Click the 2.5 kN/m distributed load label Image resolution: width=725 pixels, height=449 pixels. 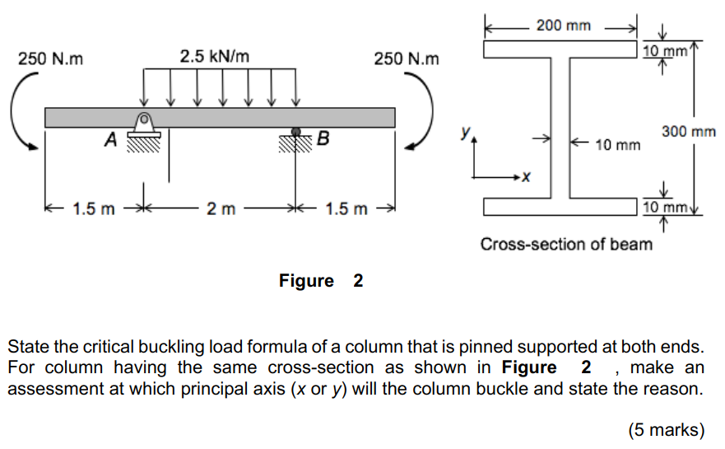point(215,57)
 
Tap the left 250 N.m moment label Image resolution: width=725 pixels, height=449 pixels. point(50,58)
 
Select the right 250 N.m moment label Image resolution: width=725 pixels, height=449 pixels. point(407,58)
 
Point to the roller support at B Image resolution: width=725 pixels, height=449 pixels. point(295,139)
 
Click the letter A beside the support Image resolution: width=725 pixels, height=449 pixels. point(110,139)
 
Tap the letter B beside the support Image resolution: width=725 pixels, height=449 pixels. point(323,138)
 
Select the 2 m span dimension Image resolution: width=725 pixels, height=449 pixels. point(221,208)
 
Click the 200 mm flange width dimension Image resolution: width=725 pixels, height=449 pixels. point(563,25)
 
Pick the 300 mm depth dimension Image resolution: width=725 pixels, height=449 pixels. point(689,132)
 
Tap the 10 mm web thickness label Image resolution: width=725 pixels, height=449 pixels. point(618,145)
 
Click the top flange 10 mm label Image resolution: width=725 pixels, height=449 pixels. point(665,51)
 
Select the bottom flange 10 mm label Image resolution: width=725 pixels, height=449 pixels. point(665,208)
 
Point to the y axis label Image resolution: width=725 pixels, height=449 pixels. point(466,133)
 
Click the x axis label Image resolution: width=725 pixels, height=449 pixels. point(526,177)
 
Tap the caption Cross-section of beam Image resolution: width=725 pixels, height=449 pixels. point(566,244)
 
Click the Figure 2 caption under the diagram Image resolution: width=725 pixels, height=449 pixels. point(321,280)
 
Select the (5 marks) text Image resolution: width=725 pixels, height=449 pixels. point(667,429)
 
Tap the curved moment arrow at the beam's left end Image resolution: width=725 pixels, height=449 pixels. point(13,111)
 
